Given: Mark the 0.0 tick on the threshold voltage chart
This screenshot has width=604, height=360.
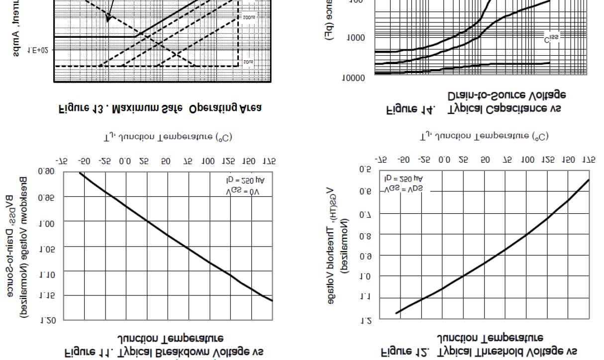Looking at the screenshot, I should pyautogui.click(x=444, y=160).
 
